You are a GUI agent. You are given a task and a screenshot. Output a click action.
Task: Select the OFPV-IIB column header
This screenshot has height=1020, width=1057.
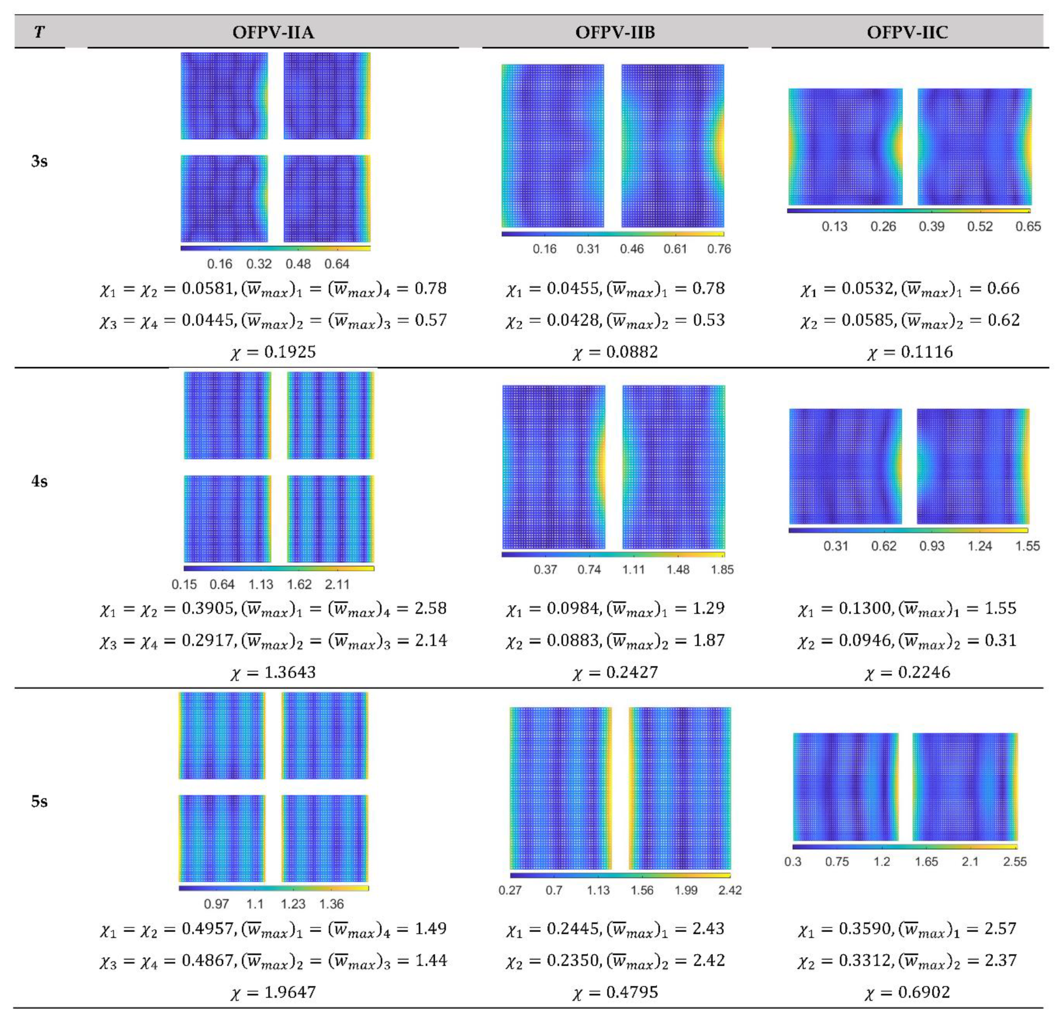pos(615,32)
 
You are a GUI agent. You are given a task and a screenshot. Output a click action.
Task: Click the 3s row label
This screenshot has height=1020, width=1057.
pos(39,161)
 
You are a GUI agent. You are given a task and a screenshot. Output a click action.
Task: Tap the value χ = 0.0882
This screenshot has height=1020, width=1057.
pos(615,352)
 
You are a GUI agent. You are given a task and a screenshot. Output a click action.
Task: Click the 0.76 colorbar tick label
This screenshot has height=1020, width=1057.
pos(719,249)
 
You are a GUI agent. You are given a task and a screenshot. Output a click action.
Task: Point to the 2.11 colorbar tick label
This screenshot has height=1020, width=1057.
pos(337,584)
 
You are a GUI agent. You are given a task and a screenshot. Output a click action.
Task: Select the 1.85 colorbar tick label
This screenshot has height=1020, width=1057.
pos(722,570)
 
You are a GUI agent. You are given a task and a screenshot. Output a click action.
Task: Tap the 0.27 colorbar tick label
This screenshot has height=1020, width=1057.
pos(510,890)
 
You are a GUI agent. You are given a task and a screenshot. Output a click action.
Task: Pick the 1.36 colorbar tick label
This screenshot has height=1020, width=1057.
pos(331,904)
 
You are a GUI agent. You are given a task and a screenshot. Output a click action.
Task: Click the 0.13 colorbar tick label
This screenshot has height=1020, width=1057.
pos(834,227)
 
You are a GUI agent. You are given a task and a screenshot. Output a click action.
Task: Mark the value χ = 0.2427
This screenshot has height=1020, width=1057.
pos(615,672)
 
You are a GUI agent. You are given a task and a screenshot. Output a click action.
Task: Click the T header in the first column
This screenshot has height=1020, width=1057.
pos(39,32)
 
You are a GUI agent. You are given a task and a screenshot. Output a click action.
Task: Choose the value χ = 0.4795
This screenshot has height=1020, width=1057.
pos(615,992)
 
